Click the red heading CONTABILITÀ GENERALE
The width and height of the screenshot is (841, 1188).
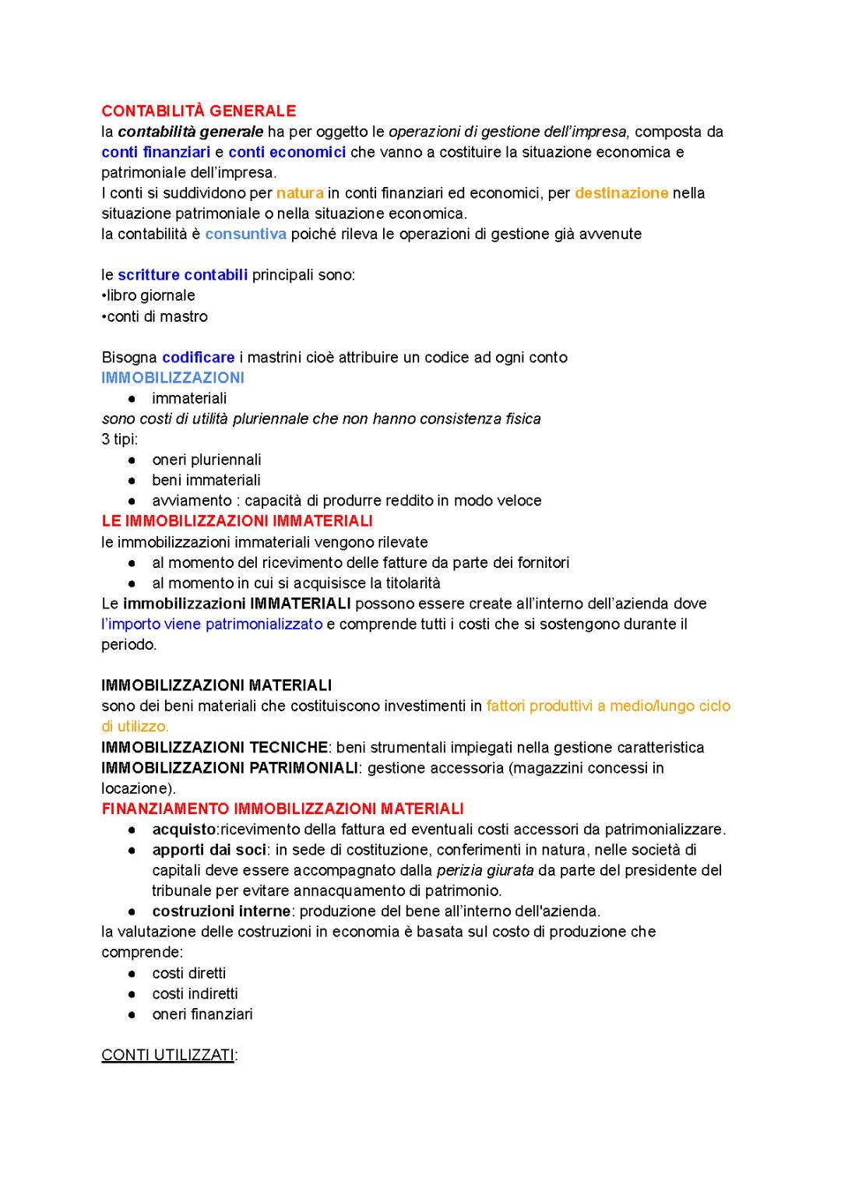pyautogui.click(x=199, y=111)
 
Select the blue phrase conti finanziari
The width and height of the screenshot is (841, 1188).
pyautogui.click(x=156, y=152)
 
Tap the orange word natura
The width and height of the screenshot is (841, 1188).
pyautogui.click(x=300, y=193)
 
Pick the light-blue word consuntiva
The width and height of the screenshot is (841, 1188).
pyautogui.click(x=245, y=234)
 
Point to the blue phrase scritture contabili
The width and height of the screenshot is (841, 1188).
pyautogui.click(x=182, y=275)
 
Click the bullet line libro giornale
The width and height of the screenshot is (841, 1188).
pyautogui.click(x=150, y=295)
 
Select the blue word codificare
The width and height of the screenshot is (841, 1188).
pyautogui.click(x=198, y=358)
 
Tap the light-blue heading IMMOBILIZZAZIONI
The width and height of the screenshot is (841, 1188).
pyautogui.click(x=173, y=378)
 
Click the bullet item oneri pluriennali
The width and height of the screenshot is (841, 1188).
pyautogui.click(x=206, y=460)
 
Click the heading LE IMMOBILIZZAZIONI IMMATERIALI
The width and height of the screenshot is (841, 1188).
pyautogui.click(x=237, y=520)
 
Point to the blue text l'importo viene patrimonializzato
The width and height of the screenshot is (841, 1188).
pyautogui.click(x=212, y=624)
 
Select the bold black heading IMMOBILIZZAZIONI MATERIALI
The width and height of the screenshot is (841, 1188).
pyautogui.click(x=216, y=686)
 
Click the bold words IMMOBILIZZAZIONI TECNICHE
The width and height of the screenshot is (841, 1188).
pyautogui.click(x=214, y=748)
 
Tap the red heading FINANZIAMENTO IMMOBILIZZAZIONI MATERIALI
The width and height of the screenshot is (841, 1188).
pyautogui.click(x=282, y=809)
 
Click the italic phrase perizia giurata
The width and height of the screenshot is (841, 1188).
pyautogui.click(x=484, y=870)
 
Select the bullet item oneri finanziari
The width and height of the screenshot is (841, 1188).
pyautogui.click(x=202, y=1014)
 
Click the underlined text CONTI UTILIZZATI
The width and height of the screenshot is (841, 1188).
pyautogui.click(x=168, y=1056)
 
